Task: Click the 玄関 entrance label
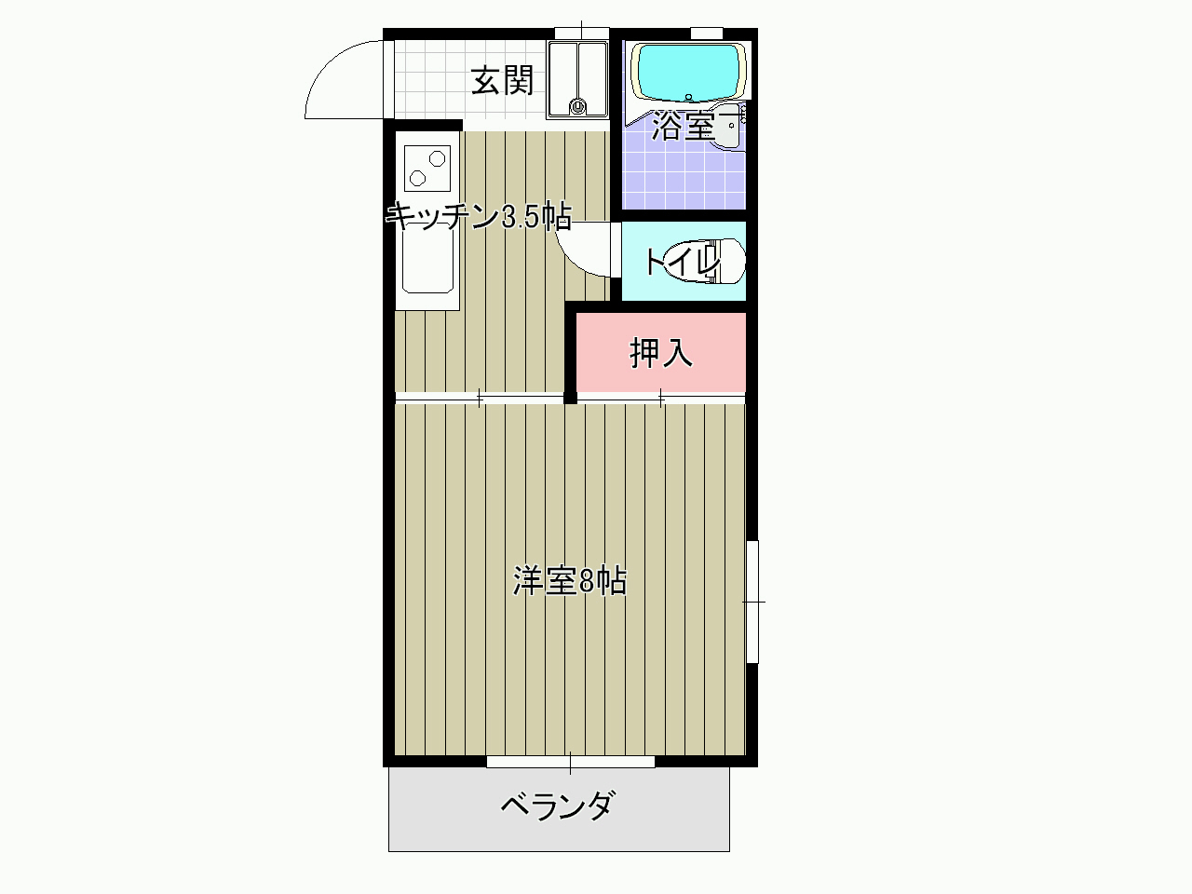(x=502, y=81)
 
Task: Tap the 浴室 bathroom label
(x=683, y=126)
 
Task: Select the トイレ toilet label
(x=683, y=262)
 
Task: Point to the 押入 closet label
(x=661, y=353)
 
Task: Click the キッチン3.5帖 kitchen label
(x=479, y=216)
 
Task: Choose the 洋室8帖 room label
(x=570, y=581)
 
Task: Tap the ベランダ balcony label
(x=559, y=806)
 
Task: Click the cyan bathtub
(x=688, y=73)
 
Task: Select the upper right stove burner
(x=437, y=159)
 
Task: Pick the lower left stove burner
(x=417, y=178)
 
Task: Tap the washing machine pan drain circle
(x=577, y=106)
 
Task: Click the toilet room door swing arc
(x=575, y=260)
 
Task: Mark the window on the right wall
(x=752, y=602)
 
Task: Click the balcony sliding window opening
(x=570, y=762)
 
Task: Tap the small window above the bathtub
(x=707, y=34)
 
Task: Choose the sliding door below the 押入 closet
(x=661, y=399)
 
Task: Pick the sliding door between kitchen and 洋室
(x=479, y=399)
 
